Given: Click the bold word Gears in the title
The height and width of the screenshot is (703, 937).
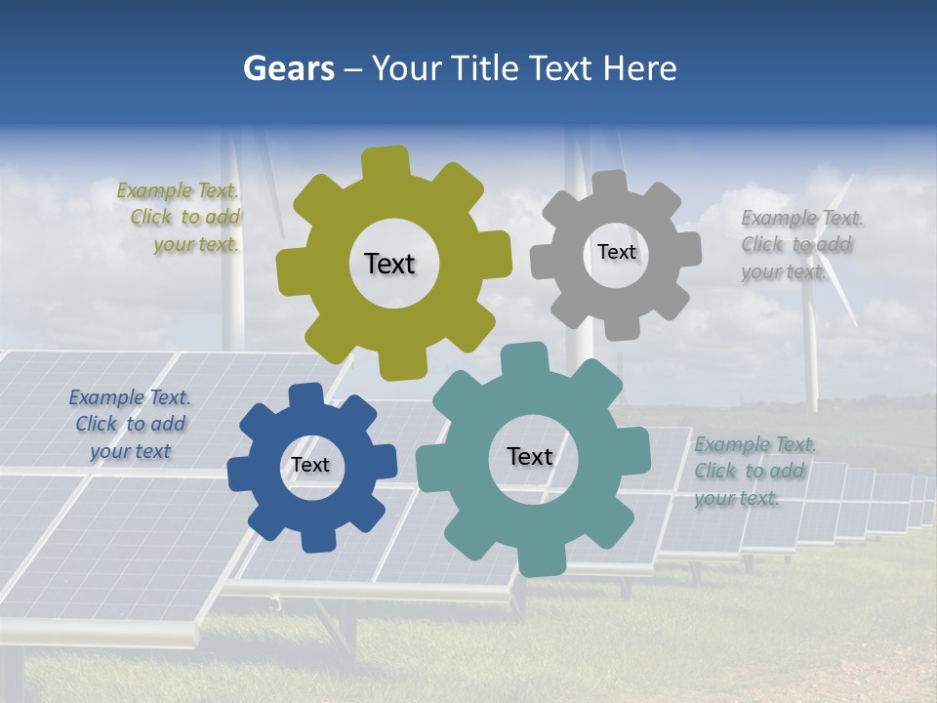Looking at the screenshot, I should click(x=288, y=68).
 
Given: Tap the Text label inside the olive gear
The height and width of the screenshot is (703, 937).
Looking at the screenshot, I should click(x=389, y=264).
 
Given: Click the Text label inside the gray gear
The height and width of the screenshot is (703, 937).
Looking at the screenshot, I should click(x=616, y=252).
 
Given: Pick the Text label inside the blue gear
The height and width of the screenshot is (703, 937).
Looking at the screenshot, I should click(x=310, y=465).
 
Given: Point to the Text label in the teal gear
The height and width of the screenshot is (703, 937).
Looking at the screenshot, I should click(x=530, y=456).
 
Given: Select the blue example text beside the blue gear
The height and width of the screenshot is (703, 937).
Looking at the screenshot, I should click(x=130, y=424).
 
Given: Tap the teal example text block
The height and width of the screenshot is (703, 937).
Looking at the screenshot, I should click(x=754, y=471).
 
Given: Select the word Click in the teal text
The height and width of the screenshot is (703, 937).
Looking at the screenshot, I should click(x=715, y=471).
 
